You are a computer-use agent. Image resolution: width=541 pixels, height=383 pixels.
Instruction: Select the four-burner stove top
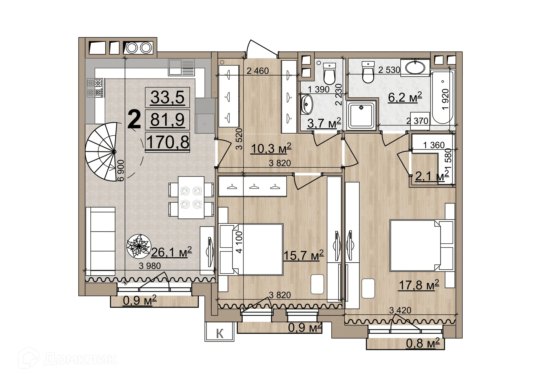(x=95, y=88)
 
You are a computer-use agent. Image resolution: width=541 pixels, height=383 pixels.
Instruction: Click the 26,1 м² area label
(x=171, y=252)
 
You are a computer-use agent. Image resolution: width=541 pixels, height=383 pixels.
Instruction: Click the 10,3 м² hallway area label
(x=271, y=148)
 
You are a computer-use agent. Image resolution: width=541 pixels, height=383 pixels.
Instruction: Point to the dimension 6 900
(x=121, y=170)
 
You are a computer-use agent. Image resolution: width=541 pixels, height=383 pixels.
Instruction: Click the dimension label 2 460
(x=258, y=71)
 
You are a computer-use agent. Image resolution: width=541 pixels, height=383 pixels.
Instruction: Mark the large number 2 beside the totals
(x=134, y=120)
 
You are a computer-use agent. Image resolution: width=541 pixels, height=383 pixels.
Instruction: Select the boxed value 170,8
(x=168, y=142)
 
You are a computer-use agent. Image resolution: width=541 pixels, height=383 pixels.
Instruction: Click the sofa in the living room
(x=101, y=241)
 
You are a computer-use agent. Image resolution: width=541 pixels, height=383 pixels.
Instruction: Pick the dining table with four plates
(x=191, y=197)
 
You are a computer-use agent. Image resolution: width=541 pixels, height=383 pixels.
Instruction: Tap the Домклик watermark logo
(x=68, y=359)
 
